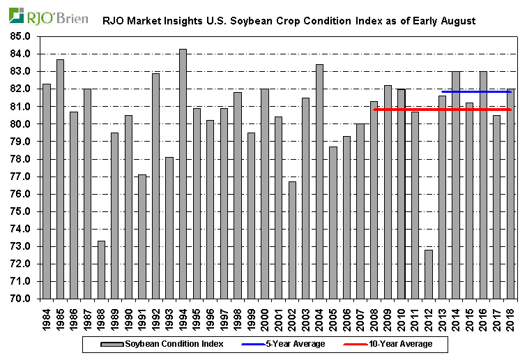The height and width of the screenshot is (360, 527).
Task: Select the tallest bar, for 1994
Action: (x=183, y=174)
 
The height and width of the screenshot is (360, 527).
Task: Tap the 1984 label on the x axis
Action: (x=47, y=317)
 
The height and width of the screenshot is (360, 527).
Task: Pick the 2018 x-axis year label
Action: (x=510, y=317)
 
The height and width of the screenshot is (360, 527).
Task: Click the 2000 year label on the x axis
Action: (x=265, y=317)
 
